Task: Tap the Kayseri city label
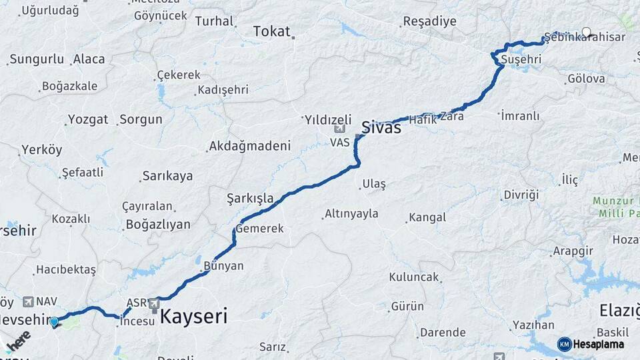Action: click(x=193, y=315)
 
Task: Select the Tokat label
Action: click(x=272, y=31)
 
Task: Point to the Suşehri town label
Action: click(x=520, y=59)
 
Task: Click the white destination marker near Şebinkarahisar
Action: click(x=586, y=31)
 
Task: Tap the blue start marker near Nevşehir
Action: click(x=54, y=322)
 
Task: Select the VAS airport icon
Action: click(x=340, y=128)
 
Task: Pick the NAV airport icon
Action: click(x=28, y=302)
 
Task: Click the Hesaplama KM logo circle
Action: click(x=564, y=344)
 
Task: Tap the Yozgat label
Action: click(x=88, y=120)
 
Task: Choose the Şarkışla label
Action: click(x=250, y=198)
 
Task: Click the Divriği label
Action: click(x=521, y=195)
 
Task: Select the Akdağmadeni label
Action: click(x=250, y=146)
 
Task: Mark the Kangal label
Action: click(x=427, y=217)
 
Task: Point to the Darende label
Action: click(x=443, y=332)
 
